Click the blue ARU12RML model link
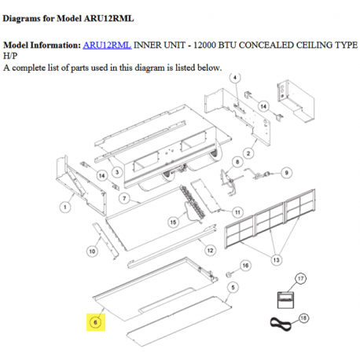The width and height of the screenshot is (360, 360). pyautogui.click(x=107, y=47)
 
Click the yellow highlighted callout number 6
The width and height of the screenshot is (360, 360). pyautogui.click(x=94, y=322)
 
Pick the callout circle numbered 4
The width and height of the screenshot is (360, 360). pyautogui.click(x=236, y=77)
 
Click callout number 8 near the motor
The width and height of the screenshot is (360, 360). pyautogui.click(x=233, y=162)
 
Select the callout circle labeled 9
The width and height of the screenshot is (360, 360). pyautogui.click(x=286, y=172)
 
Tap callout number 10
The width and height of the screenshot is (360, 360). pyautogui.click(x=91, y=251)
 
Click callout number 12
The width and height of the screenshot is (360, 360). pyautogui.click(x=210, y=250)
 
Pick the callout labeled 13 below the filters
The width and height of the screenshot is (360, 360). pyautogui.click(x=274, y=259)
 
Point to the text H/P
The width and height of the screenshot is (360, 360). pyautogui.click(x=11, y=57)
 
